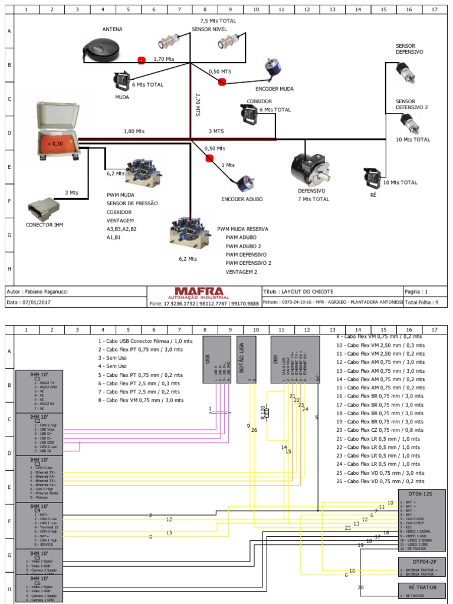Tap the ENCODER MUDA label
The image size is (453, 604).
click(x=274, y=89)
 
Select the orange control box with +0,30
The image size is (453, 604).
click(x=58, y=143)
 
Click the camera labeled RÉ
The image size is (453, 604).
click(x=372, y=176)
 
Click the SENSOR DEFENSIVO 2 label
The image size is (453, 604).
click(x=412, y=104)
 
